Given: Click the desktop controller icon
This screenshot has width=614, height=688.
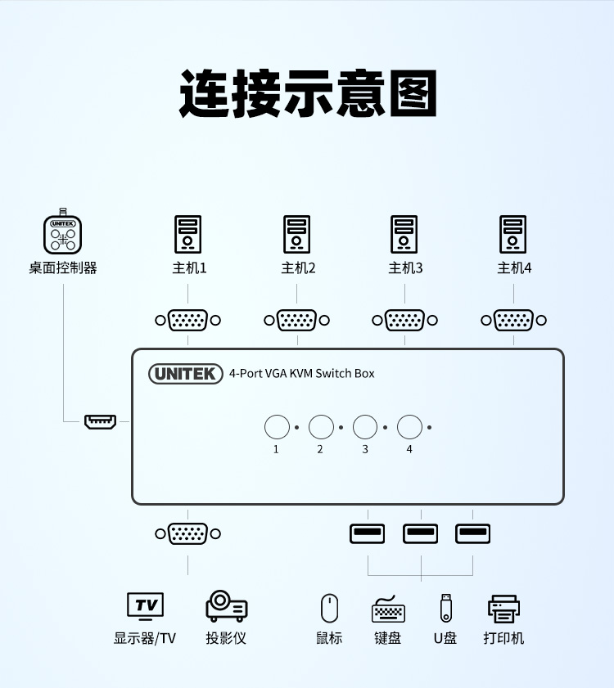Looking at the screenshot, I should tap(63, 233).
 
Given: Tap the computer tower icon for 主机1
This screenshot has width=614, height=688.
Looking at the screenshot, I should tap(187, 234).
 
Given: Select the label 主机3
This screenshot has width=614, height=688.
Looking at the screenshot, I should tap(405, 268).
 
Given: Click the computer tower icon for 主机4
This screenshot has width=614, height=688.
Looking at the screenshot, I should tap(513, 234).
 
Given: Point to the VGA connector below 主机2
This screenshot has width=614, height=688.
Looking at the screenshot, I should tap(296, 321).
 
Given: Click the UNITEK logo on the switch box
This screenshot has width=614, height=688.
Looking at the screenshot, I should tap(186, 374).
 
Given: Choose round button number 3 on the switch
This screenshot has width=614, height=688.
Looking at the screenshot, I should tap(365, 427).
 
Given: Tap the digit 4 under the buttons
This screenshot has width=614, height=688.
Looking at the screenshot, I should tap(409, 449).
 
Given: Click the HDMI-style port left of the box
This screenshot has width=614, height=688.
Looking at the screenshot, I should tap(100, 422).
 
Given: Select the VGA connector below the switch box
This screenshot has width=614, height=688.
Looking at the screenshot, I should tap(187, 534).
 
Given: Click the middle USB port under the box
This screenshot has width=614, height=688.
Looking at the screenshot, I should tap(421, 534).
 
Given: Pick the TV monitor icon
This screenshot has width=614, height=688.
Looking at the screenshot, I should tap(145, 606).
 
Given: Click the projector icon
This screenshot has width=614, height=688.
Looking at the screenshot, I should tap(226, 606).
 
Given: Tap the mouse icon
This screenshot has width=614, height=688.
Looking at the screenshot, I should tap(329, 608).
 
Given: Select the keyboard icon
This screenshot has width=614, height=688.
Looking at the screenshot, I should tap(388, 609).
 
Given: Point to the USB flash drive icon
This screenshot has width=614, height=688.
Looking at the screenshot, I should tap(445, 608).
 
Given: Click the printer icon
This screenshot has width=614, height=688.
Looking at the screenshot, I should tap(503, 609).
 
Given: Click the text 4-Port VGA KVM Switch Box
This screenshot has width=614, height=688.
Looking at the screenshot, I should tap(301, 374).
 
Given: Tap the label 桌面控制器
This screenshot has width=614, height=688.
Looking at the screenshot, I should tap(63, 268).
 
